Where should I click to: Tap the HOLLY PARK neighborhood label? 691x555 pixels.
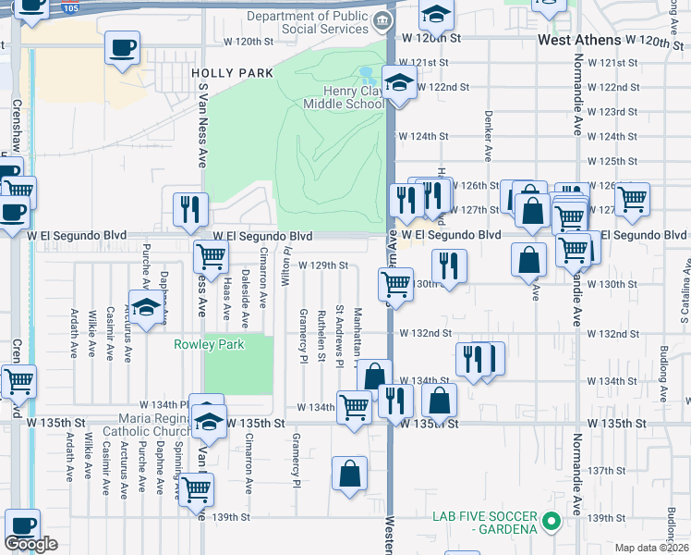click(x=232, y=72)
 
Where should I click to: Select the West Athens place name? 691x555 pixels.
click(x=578, y=42)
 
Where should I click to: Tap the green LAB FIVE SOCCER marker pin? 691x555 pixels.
click(x=552, y=521)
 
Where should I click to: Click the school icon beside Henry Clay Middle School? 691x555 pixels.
click(x=398, y=85)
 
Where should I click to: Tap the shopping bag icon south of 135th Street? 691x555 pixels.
click(x=350, y=474)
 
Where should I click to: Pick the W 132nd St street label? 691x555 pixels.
click(x=425, y=333)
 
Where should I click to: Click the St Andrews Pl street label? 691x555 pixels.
click(x=340, y=336)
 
